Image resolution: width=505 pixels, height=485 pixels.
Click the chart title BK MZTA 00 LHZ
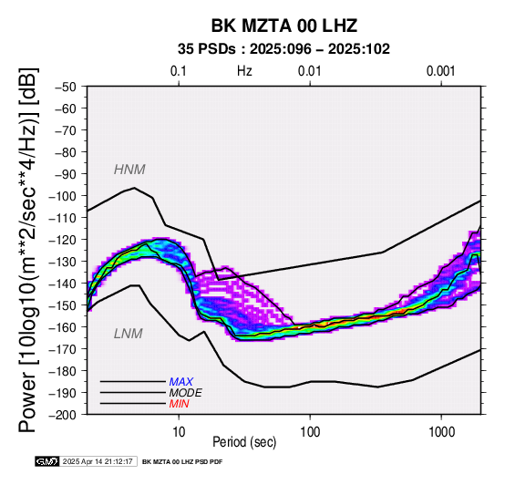point(284,26)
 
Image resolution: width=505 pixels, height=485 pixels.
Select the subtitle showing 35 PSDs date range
point(283,49)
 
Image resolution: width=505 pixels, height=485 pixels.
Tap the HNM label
point(129,170)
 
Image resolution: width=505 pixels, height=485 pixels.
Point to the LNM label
point(129,334)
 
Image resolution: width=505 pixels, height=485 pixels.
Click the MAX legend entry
point(181,382)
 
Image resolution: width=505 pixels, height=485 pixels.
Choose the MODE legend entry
point(186,393)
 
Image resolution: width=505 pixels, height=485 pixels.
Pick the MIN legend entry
point(179,404)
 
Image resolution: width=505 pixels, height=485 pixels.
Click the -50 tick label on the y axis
point(66,87)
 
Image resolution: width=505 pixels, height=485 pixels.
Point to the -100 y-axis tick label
point(63,196)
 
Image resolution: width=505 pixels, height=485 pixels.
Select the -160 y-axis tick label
point(63,327)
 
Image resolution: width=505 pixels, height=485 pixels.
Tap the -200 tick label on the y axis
point(63,415)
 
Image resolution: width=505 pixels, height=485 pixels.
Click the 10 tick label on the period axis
point(179,432)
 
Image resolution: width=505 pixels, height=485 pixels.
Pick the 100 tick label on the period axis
point(310,432)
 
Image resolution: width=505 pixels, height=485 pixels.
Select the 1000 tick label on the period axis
point(441,432)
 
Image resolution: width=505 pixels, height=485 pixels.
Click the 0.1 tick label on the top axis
point(179,71)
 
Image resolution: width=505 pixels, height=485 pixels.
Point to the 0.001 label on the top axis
point(440,71)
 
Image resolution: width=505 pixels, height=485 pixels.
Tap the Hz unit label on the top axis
point(244,71)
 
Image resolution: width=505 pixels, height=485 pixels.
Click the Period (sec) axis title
point(244,442)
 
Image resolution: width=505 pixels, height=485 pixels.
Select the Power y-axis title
point(27,250)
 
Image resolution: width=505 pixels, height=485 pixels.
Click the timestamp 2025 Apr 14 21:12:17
point(98,462)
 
